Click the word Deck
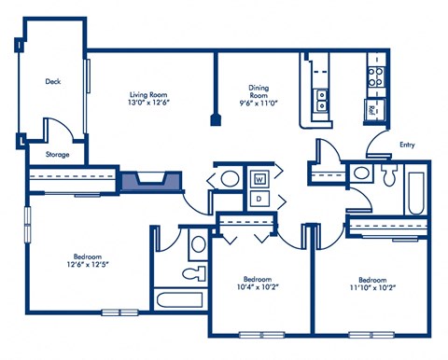pyautogui.click(x=53, y=81)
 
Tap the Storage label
pyautogui.click(x=57, y=154)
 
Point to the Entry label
pyautogui.click(x=407, y=145)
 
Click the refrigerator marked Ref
pyautogui.click(x=373, y=110)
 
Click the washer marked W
pyautogui.click(x=259, y=176)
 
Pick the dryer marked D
pyautogui.click(x=259, y=199)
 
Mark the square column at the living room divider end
pyautogui.click(x=217, y=120)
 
